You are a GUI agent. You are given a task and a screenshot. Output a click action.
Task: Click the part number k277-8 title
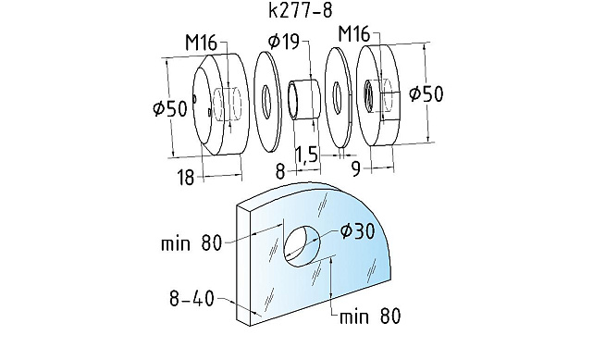point(301,10)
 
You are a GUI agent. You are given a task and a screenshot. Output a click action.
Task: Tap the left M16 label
point(201,43)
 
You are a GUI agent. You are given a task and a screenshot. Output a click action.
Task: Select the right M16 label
point(354,33)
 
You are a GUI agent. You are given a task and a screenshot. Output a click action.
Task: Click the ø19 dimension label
point(284,42)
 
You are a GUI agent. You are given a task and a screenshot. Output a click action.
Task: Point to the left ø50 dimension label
point(170,108)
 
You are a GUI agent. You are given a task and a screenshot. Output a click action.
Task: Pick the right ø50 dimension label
point(426,93)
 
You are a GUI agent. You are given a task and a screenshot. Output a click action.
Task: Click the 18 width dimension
point(186,178)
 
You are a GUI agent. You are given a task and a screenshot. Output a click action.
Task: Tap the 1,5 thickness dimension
point(306,155)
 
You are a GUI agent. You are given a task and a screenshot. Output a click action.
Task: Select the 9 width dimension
point(356,169)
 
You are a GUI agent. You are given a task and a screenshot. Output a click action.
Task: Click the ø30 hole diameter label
point(357,231)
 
